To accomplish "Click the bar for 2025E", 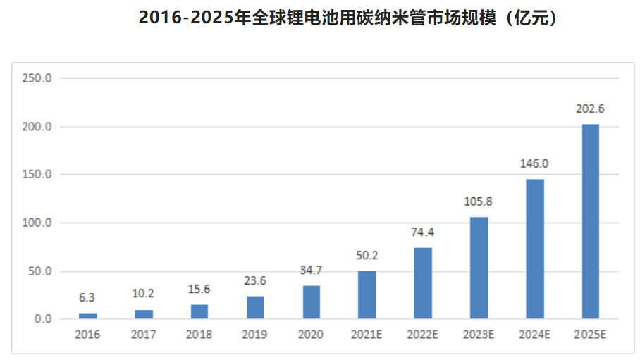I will [590, 221].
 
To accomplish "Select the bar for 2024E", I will [535, 249].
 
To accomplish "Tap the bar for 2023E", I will [479, 268].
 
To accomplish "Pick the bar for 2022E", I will [423, 283].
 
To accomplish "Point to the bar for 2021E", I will [367, 294].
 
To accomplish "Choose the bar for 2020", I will [311, 302].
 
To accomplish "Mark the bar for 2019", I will [255, 308].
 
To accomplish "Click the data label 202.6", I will [590, 109].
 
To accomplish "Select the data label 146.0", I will [534, 163].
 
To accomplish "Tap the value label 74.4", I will [423, 232].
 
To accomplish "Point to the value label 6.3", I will [87, 298].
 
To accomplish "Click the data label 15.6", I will [199, 290].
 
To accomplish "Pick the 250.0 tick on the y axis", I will [37, 78].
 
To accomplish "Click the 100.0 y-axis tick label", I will [37, 223].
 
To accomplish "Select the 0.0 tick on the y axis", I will [42, 319].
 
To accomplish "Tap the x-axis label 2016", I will [87, 335].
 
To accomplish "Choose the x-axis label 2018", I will [199, 335].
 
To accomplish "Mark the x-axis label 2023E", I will [479, 335].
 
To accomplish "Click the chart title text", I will [350, 18].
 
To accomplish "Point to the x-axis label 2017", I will [143, 335].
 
